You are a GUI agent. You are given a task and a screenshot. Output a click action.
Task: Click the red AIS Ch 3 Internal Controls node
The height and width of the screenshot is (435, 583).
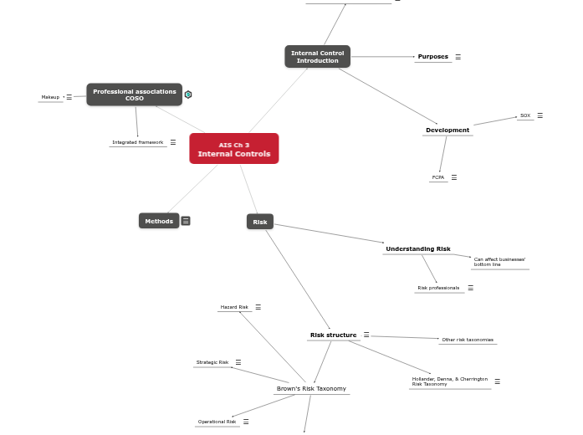pos(234,149)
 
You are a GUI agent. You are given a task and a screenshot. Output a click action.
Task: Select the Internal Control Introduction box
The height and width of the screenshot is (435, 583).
pos(317,57)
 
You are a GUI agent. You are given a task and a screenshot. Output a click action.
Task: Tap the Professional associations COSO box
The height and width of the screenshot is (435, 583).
pos(135,95)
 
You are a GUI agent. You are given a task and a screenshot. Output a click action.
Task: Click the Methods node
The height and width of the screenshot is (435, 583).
pos(159,221)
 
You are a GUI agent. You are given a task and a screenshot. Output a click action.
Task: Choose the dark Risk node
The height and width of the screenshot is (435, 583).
pos(260,222)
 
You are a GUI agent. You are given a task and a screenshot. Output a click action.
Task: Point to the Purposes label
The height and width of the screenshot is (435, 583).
pos(433,57)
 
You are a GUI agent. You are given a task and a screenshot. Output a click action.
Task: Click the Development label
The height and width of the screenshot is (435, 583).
pos(447,130)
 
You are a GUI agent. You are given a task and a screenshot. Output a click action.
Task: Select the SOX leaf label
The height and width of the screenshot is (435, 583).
pos(525,115)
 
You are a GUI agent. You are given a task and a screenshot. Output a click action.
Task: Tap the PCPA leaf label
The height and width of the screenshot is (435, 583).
pos(438,177)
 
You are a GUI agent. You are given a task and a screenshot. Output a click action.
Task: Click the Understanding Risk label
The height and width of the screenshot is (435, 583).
pos(418,248)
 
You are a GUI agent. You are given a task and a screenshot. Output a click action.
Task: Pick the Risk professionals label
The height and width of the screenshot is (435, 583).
pos(438,288)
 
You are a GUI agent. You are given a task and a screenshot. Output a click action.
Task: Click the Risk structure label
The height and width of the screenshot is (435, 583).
pos(333,335)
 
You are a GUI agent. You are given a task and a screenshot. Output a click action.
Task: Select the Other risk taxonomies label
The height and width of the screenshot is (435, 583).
pos(468,340)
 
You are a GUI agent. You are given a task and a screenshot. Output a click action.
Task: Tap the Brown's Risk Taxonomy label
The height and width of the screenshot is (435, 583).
pos(311,388)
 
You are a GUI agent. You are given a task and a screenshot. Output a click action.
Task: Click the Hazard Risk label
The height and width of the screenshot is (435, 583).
pos(234,307)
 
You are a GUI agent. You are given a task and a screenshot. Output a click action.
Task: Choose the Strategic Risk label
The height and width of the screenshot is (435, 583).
pos(212,362)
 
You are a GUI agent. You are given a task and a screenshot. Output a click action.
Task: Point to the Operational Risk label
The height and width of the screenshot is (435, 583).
pos(217,422)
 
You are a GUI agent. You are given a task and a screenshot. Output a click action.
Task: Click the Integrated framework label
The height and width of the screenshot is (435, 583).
pos(138,142)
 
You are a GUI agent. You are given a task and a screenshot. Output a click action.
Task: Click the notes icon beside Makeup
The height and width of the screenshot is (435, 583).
pos(69,97)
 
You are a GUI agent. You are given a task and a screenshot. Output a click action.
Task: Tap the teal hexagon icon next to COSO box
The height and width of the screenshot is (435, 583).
pos(188,95)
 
